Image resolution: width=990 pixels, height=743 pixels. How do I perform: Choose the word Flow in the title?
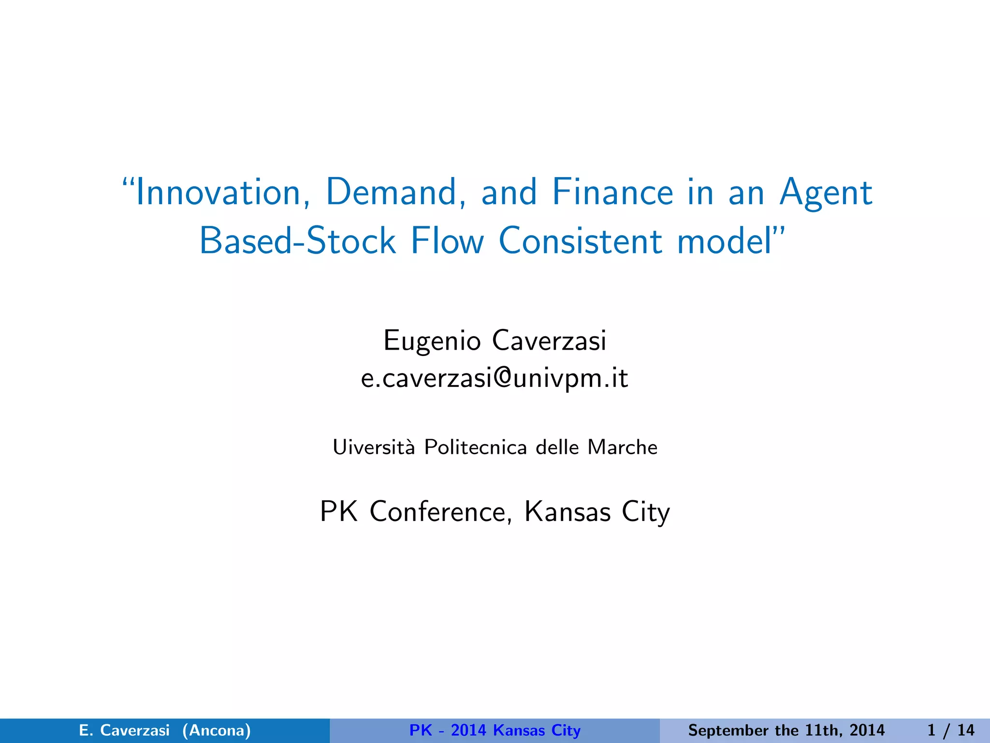[447, 241]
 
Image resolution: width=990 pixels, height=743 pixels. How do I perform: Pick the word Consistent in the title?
[580, 241]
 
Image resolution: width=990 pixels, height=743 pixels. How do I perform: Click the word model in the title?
[725, 241]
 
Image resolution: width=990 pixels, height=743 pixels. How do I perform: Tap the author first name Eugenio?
[432, 341]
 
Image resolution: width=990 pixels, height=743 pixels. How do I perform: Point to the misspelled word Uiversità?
[374, 447]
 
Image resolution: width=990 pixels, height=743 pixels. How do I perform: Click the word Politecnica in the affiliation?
[475, 447]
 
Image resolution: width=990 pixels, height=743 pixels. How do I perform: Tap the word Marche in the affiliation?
[623, 447]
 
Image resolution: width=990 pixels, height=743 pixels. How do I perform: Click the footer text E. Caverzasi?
[124, 730]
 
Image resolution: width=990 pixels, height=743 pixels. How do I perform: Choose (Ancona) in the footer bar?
[217, 730]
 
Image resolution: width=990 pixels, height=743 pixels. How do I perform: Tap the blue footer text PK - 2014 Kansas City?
[495, 730]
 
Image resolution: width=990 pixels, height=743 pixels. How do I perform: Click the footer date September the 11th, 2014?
[786, 730]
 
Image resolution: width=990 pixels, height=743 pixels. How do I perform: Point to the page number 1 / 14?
[950, 730]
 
